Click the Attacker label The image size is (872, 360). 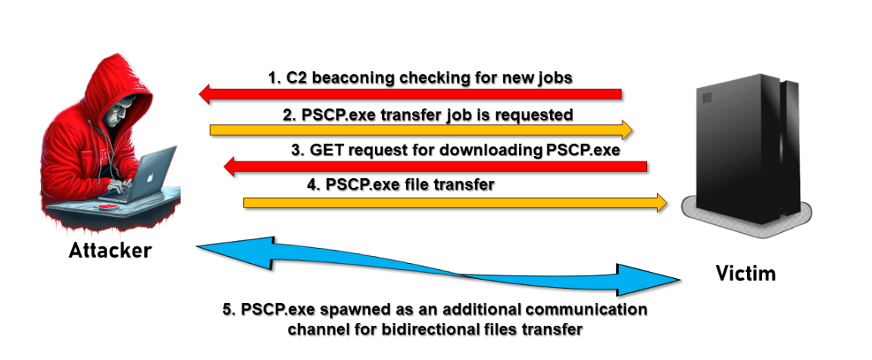pos(110,250)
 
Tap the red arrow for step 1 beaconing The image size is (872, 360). pos(409,94)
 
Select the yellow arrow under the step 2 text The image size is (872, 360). pos(421,130)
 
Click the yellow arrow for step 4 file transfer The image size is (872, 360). pos(455,202)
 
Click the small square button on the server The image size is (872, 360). pos(708,98)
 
